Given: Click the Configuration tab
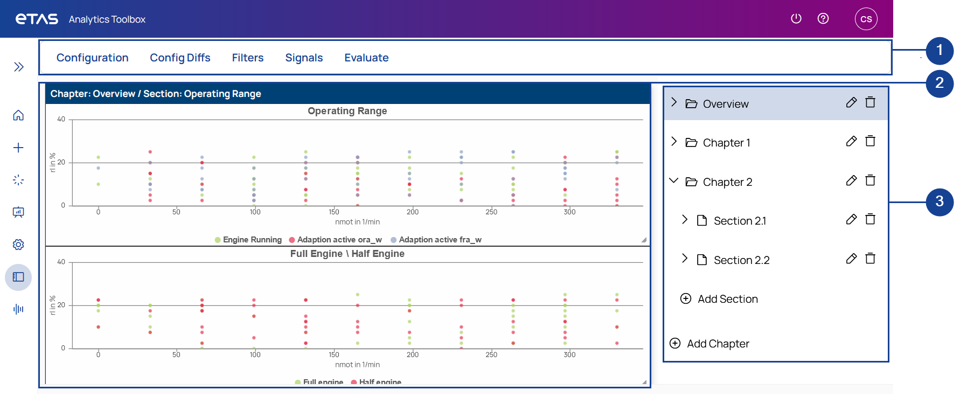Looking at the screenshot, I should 92,58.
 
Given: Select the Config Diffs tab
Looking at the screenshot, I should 180,58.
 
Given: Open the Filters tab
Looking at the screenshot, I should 248,58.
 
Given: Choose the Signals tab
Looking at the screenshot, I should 304,58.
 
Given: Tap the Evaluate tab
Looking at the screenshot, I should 366,58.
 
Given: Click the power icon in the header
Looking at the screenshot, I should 796,19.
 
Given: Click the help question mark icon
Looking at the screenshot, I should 823,19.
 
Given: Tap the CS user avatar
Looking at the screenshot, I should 866,19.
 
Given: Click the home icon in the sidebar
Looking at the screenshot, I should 18,115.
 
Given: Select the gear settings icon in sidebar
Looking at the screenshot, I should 18,245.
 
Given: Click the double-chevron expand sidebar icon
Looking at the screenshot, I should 19,67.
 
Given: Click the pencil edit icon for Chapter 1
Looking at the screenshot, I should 851,142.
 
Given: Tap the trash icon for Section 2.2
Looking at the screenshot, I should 870,259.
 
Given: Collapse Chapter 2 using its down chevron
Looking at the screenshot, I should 673,181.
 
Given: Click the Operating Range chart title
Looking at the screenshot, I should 347,111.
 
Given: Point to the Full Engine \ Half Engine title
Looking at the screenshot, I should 347,254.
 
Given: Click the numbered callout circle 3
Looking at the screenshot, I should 939,202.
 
